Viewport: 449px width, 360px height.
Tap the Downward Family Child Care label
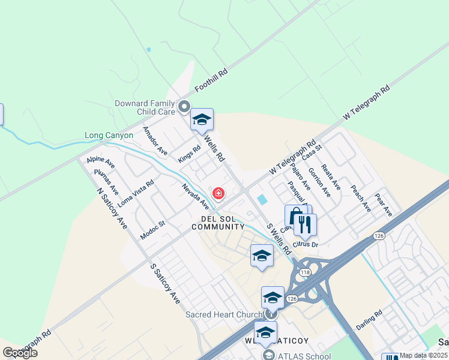(145, 107)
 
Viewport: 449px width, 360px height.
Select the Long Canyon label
(109, 136)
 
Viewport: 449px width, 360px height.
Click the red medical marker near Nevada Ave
(218, 193)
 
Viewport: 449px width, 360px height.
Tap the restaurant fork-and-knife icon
(305, 224)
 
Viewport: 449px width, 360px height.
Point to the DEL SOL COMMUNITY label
(218, 223)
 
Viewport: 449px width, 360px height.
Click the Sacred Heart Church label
(224, 314)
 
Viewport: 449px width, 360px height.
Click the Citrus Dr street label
(306, 244)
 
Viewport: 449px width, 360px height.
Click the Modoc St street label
(152, 228)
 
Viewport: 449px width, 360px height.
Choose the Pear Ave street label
(383, 205)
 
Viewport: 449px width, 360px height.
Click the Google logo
(20, 353)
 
